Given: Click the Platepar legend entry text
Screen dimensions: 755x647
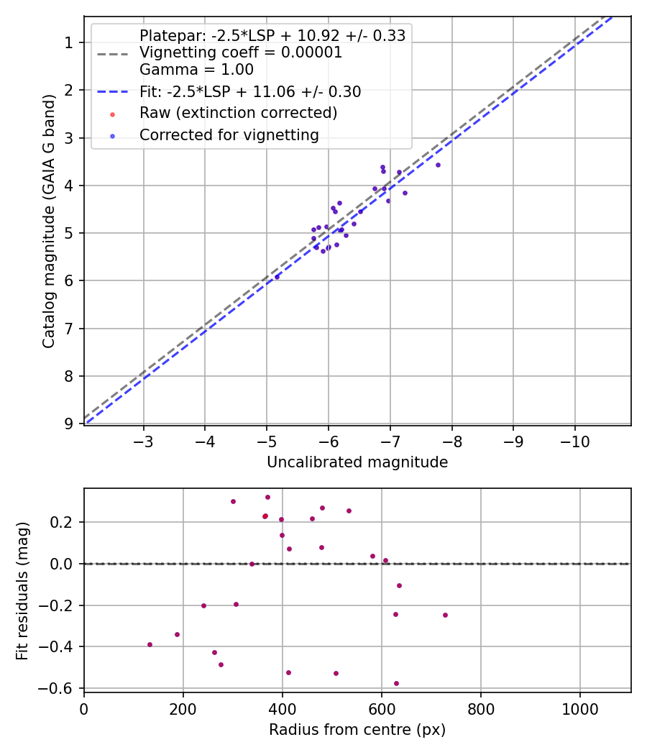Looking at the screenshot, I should pyautogui.click(x=272, y=36).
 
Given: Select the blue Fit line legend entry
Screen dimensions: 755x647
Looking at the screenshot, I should pyautogui.click(x=250, y=92).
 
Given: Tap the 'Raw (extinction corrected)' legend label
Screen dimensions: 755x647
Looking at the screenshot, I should pyautogui.click(x=238, y=113).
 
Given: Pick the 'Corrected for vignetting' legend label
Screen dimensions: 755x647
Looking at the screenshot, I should pyautogui.click(x=229, y=134).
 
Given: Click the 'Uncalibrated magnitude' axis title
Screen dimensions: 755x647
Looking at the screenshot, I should pyautogui.click(x=357, y=462).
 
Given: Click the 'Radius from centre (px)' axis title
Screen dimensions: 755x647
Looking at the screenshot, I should pyautogui.click(x=357, y=730).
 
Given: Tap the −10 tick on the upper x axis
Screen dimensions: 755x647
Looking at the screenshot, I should pyautogui.click(x=574, y=440).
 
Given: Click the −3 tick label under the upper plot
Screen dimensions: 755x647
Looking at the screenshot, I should pyautogui.click(x=143, y=440).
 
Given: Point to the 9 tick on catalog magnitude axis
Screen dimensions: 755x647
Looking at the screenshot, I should pyautogui.click(x=69, y=424).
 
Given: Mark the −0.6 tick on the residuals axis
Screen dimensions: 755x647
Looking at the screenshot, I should pyautogui.click(x=63, y=688).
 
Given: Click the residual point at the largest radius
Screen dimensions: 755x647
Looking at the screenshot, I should pyautogui.click(x=445, y=615).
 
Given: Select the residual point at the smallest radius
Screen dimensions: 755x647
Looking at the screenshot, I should pyautogui.click(x=150, y=644).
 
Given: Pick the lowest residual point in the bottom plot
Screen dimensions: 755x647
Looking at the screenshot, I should pyautogui.click(x=396, y=683).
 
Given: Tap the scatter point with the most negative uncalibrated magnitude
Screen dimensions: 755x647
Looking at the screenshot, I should pyautogui.click(x=438, y=165).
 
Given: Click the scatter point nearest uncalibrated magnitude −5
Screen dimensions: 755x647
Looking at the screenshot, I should pyautogui.click(x=277, y=276).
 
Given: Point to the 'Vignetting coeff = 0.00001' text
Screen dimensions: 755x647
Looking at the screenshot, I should pyautogui.click(x=241, y=52).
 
